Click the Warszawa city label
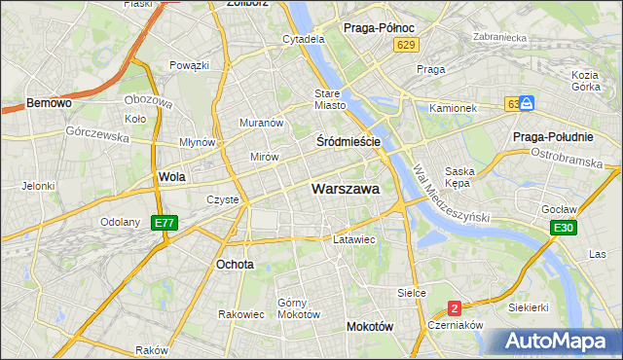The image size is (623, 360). [x=346, y=190]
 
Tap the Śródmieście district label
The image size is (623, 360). [x=348, y=141]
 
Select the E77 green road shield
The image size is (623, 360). [x=165, y=224]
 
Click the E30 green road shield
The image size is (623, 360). [x=562, y=228]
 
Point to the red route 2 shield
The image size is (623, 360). [x=455, y=308]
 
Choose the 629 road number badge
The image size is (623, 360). [x=407, y=46]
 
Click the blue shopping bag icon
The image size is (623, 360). [x=527, y=102]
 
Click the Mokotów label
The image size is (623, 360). [x=370, y=328]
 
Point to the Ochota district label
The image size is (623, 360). [x=236, y=264]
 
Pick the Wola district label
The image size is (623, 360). [x=171, y=177]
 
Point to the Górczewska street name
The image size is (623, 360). [x=97, y=135]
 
